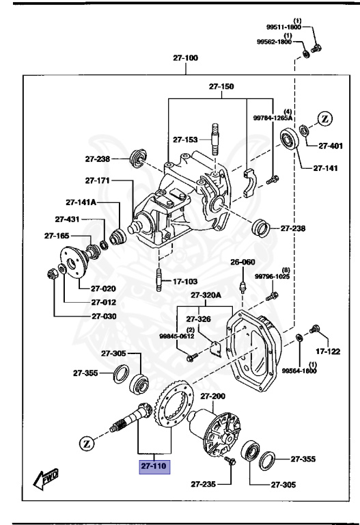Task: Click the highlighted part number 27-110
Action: (154, 467)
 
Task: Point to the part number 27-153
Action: (186, 139)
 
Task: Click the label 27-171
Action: (98, 180)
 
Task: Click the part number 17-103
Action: (184, 280)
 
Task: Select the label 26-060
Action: (242, 262)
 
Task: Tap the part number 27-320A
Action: (206, 295)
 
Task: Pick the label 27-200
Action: (212, 396)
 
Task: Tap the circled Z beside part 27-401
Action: (325, 120)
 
